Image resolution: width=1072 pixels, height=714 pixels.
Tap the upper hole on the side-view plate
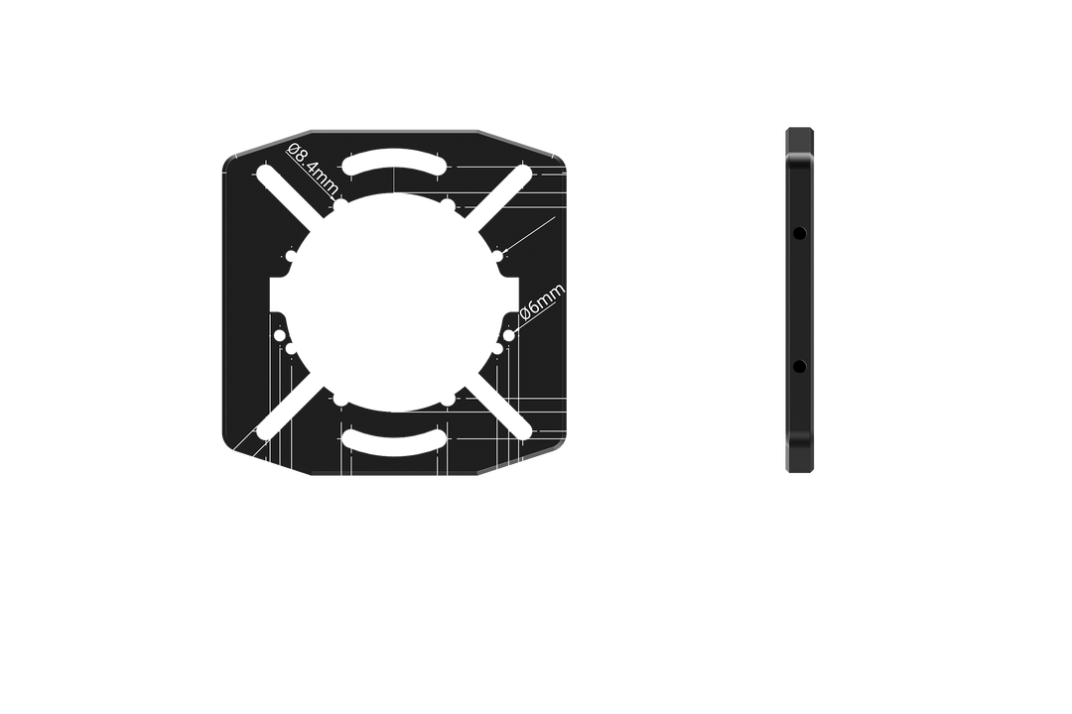[x=799, y=233]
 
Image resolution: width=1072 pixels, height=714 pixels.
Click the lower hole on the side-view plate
[x=799, y=368]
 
